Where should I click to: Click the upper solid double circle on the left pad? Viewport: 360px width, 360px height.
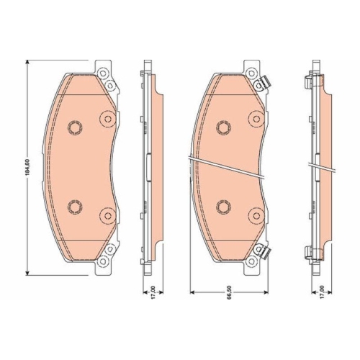click(107, 118)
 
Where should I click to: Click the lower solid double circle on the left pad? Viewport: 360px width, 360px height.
click(107, 215)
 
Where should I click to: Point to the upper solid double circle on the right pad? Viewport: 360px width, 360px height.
click(256, 118)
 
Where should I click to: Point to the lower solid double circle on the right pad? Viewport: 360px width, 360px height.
click(256, 215)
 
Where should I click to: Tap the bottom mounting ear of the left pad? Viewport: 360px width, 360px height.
click(104, 257)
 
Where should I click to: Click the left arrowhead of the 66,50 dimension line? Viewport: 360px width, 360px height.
click(192, 292)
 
